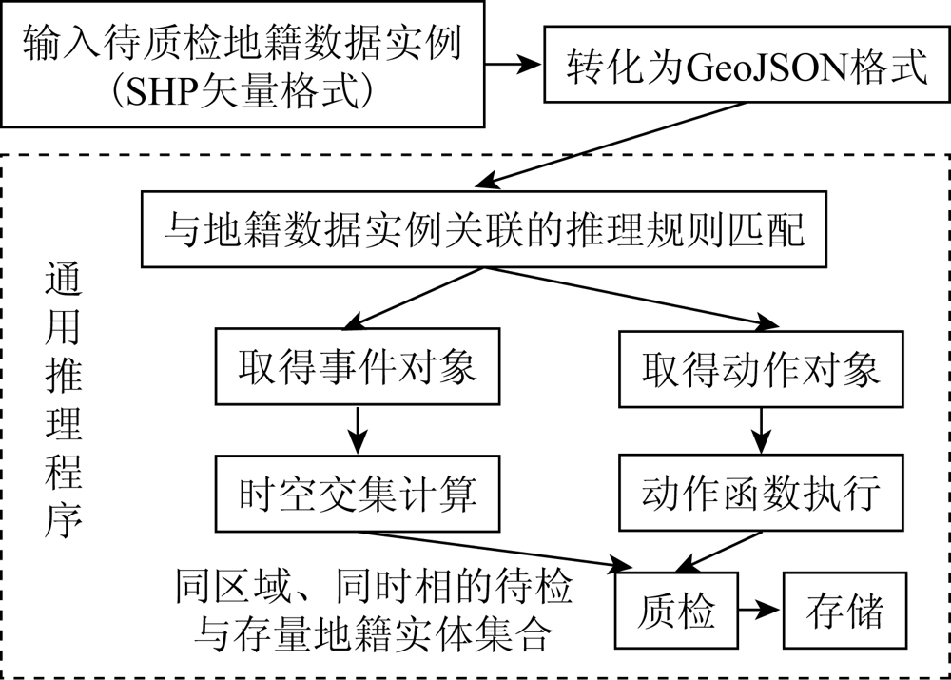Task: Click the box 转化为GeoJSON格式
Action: tap(746, 65)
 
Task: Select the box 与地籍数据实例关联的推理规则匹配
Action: tap(484, 229)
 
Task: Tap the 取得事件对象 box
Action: tap(358, 366)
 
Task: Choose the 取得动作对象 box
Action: tap(761, 369)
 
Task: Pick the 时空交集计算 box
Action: tap(358, 494)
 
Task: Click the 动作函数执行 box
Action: tap(761, 493)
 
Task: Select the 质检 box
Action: tap(677, 611)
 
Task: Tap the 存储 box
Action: tap(844, 611)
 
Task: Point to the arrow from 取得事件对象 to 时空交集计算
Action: tap(358, 430)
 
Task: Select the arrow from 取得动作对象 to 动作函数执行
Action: tap(761, 431)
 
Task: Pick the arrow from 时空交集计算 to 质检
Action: tap(495, 551)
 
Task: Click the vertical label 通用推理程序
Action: tap(63, 402)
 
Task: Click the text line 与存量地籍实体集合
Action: tap(373, 632)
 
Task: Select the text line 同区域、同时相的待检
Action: tap(374, 585)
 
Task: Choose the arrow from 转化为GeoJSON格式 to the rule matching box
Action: tap(610, 145)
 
